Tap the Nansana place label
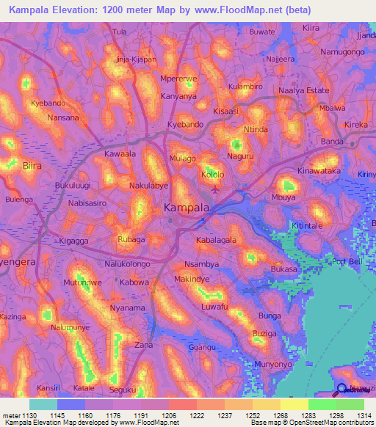(62, 117)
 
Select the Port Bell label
(347, 262)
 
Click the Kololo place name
(213, 175)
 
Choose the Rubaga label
(131, 239)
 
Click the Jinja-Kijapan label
(136, 59)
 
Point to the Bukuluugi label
(72, 186)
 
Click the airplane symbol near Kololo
(214, 189)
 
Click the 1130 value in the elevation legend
(23, 415)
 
